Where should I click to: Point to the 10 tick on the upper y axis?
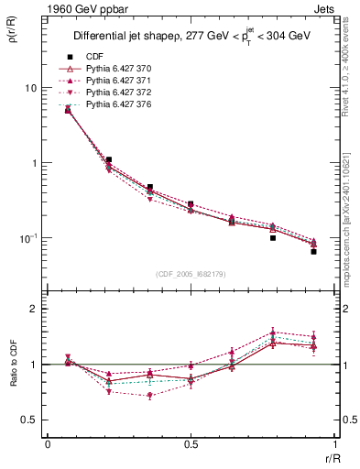click(30, 88)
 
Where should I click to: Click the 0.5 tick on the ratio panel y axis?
click(30, 420)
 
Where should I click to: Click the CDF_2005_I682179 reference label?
click(191, 273)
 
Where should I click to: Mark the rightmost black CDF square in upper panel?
click(313, 251)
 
